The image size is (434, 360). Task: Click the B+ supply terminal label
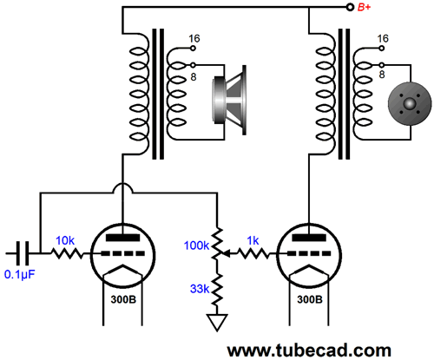point(364,7)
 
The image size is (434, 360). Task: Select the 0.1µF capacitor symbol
point(23,253)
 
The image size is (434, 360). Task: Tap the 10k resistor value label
point(65,240)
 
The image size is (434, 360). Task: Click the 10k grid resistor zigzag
point(67,253)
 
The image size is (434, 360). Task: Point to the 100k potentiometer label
point(196,245)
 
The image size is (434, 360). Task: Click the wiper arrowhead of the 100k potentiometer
point(227,254)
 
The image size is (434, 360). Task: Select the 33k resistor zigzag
point(217,289)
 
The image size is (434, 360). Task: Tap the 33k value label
point(200,289)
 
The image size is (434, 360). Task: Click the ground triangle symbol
point(217,323)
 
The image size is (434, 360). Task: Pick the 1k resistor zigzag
point(253,253)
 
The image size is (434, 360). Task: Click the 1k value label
point(253,240)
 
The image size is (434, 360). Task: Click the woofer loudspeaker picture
point(229,100)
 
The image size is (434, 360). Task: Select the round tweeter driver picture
point(410,104)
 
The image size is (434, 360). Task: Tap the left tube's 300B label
point(123,299)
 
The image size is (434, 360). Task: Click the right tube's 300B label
point(310,299)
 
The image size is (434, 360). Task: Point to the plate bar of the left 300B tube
point(123,238)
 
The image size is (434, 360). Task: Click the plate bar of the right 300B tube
point(309,238)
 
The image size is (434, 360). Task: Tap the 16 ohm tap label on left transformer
point(194,39)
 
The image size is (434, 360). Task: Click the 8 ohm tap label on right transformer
point(382,75)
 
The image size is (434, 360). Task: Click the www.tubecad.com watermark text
point(309,350)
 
